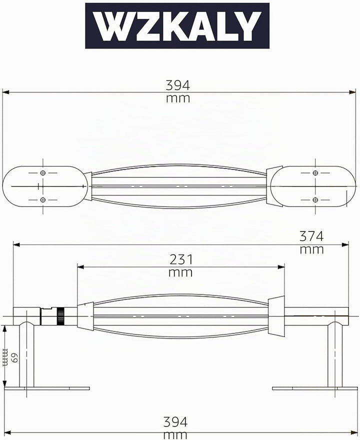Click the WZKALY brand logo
(177, 26)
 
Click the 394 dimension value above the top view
(178, 85)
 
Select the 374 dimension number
(311, 236)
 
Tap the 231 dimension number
(181, 259)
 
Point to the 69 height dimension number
(14, 357)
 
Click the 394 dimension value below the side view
(175, 422)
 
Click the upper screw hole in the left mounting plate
(43, 173)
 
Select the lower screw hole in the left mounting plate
(43, 200)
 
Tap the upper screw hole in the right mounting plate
(315, 173)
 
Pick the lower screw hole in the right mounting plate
(315, 200)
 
